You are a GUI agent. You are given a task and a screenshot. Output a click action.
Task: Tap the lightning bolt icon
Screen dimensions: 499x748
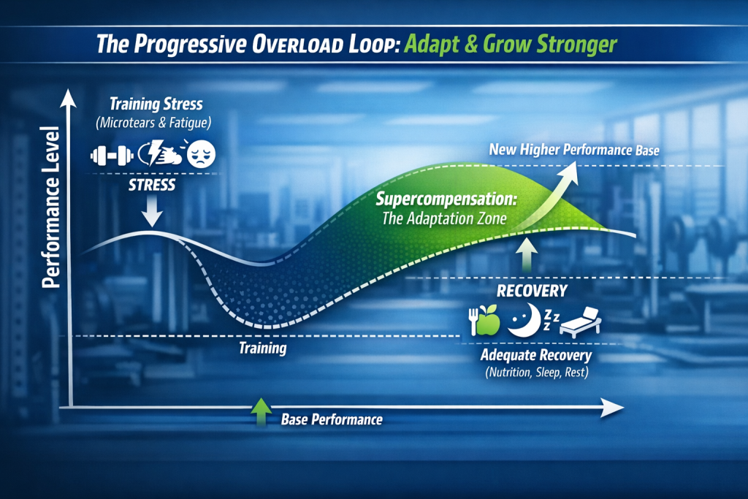(154, 153)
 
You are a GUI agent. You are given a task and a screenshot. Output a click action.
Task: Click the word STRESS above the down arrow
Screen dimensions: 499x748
(152, 184)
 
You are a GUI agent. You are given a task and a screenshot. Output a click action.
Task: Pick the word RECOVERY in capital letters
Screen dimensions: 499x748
(532, 292)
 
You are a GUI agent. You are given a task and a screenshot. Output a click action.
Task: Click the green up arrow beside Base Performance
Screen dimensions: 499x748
(261, 413)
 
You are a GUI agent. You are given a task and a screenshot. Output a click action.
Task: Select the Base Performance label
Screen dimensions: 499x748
(331, 420)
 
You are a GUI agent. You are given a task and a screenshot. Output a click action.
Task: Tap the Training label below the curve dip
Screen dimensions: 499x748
(263, 348)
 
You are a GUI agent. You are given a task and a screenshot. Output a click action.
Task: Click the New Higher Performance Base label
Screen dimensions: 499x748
(575, 151)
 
